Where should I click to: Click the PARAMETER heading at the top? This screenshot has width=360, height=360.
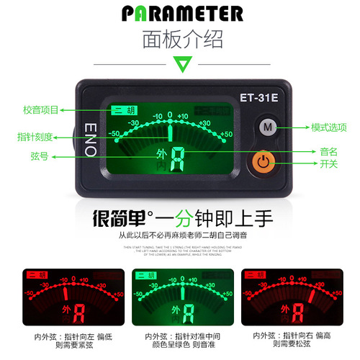click(x=179, y=12)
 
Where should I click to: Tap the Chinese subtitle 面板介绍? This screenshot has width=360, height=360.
click(x=179, y=37)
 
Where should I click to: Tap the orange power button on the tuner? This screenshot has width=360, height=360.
click(x=266, y=161)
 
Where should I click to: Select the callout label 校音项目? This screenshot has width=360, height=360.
click(x=40, y=109)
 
